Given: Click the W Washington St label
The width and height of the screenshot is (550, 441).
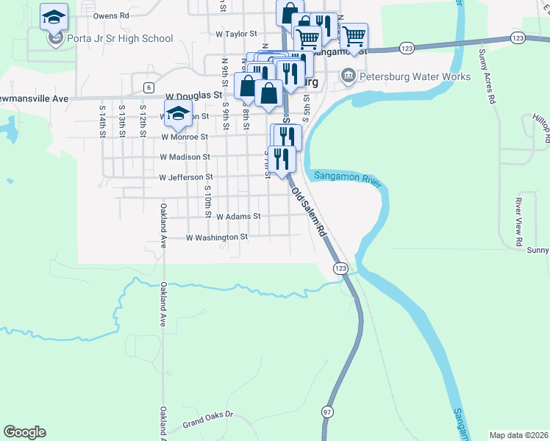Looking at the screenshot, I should click(x=217, y=238).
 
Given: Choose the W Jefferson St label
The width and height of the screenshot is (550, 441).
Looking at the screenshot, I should click(x=186, y=177).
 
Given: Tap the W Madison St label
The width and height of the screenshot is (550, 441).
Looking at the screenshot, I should click(x=185, y=157).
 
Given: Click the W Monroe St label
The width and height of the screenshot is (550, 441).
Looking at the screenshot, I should click(x=184, y=137).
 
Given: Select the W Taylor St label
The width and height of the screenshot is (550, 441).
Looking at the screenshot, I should click(x=236, y=34).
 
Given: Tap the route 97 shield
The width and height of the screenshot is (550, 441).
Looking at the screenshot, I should click(x=326, y=414).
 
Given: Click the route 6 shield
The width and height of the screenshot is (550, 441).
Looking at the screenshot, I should click(x=149, y=87).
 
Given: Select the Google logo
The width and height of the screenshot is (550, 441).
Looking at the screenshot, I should click(x=24, y=432).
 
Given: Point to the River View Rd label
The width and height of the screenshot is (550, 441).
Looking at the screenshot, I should click(x=518, y=221).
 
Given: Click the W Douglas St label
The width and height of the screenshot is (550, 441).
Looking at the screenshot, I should click(x=193, y=96).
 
